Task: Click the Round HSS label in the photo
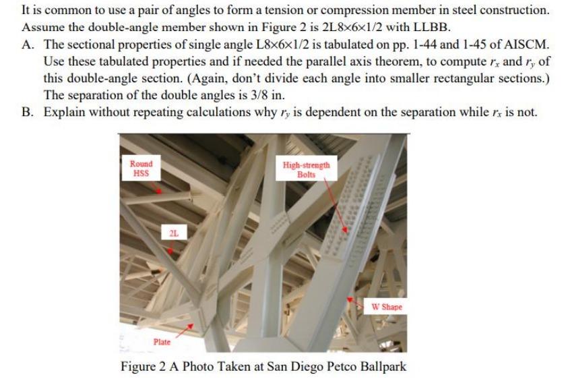141,168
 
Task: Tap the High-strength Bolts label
307,169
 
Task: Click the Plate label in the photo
162,342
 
